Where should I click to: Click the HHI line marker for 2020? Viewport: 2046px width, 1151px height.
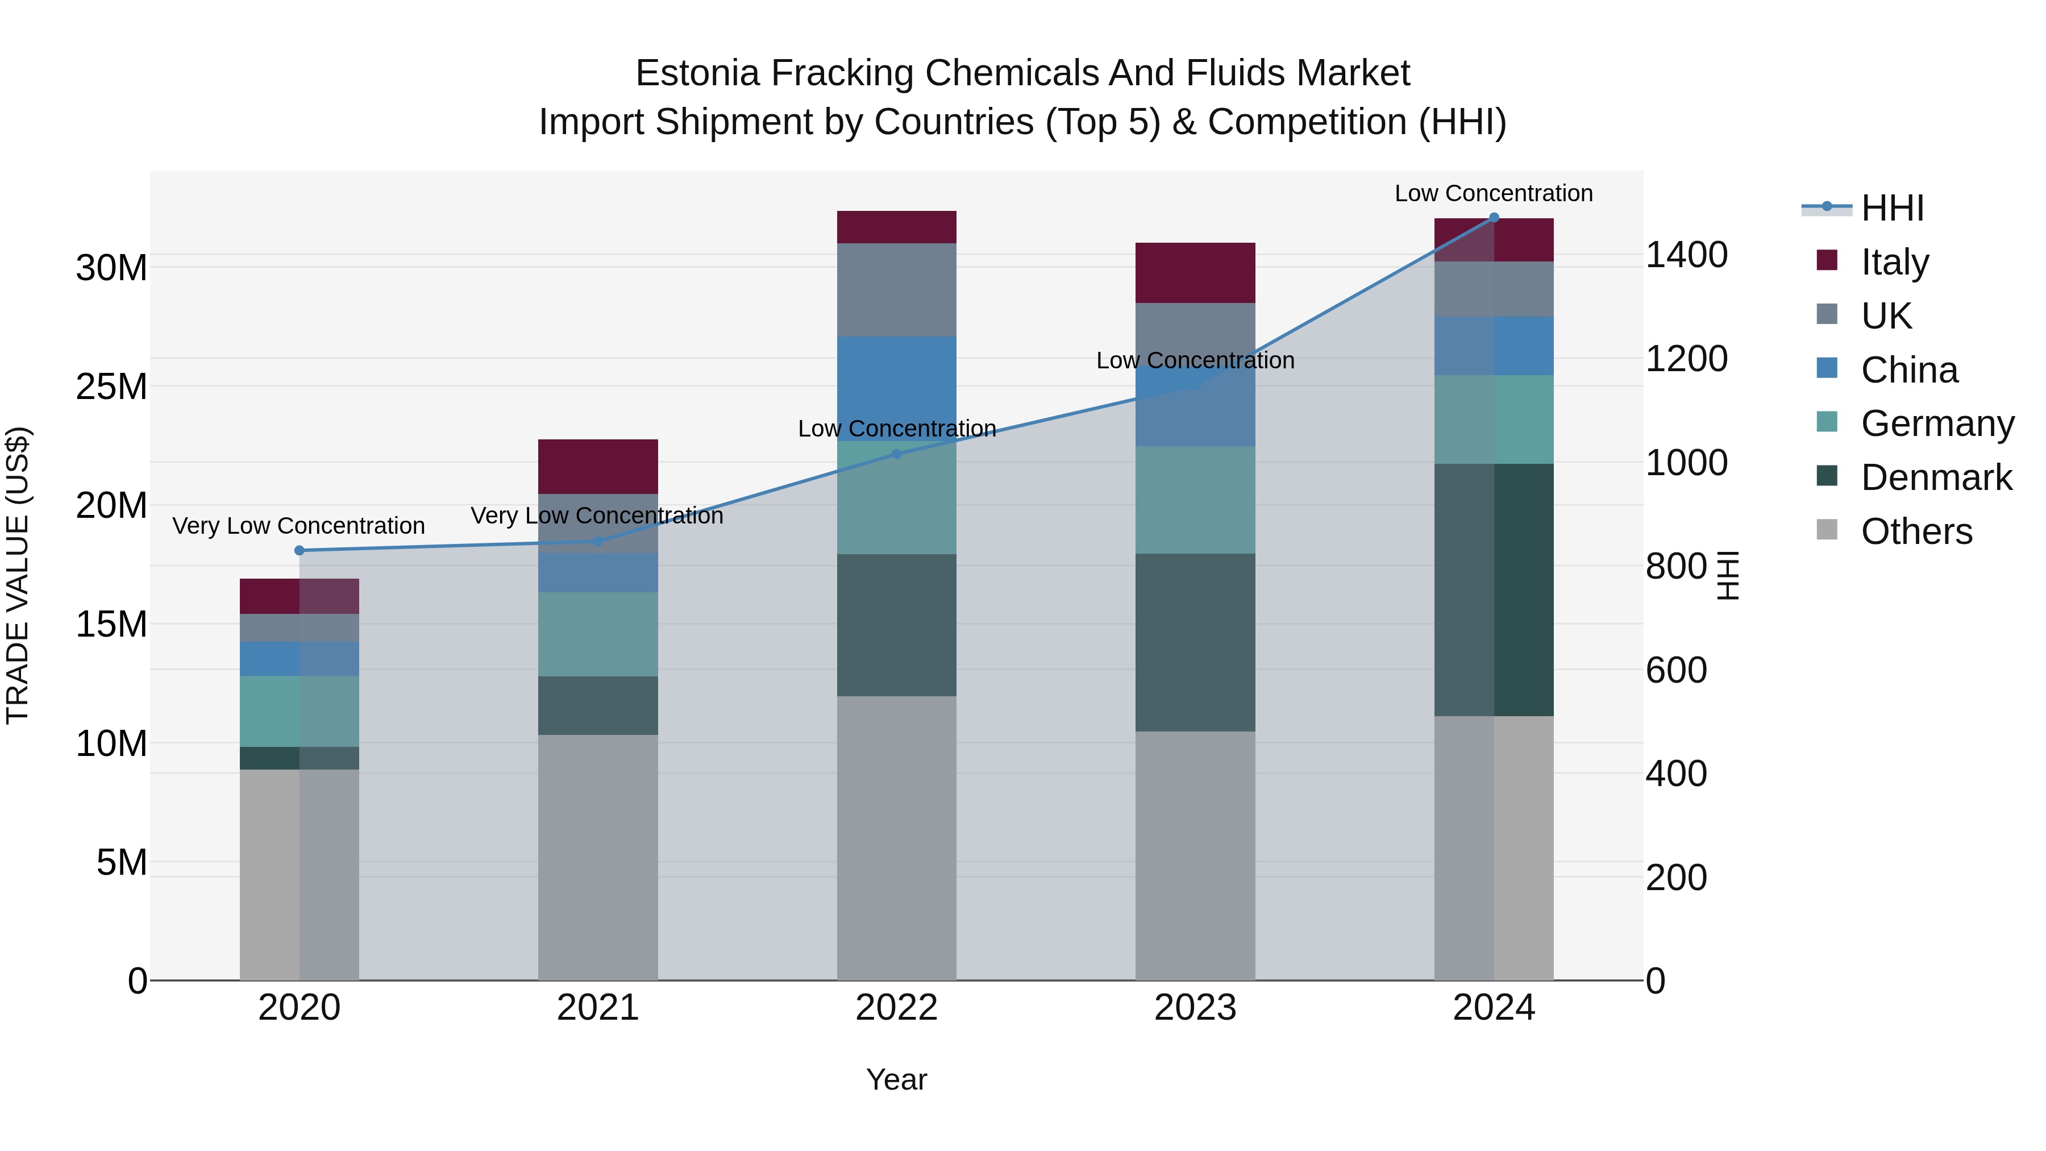[300, 550]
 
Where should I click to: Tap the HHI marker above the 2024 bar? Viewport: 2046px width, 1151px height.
[1494, 218]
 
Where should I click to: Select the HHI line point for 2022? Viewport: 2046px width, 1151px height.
[897, 454]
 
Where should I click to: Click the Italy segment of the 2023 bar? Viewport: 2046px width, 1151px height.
[1195, 272]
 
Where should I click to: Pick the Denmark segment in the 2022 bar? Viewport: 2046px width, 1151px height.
[897, 625]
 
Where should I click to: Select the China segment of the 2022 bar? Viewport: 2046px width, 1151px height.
[897, 388]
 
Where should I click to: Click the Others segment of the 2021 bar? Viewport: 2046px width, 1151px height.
[598, 857]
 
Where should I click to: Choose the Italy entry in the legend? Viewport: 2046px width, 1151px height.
[1895, 261]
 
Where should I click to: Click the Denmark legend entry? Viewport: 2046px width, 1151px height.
[1936, 477]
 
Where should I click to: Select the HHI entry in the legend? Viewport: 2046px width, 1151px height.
[1892, 208]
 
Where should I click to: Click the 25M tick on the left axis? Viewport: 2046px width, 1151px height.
[111, 387]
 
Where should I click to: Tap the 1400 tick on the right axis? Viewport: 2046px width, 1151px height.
[1686, 255]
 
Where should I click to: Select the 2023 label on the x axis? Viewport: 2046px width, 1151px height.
[1195, 1008]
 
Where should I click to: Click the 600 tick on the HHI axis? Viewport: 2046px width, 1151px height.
[1676, 671]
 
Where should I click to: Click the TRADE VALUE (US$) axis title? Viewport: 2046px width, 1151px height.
[18, 575]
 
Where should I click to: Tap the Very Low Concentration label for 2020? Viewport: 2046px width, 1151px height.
[298, 526]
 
